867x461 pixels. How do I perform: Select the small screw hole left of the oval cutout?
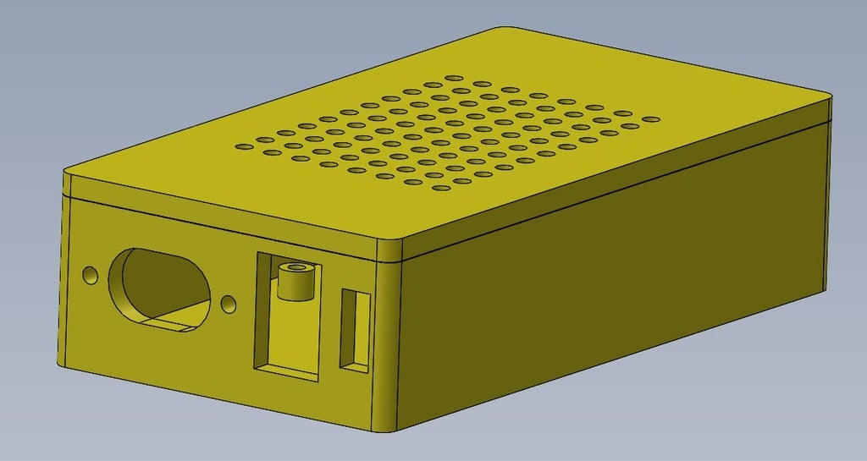click(x=90, y=275)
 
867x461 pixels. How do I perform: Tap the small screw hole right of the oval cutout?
click(x=228, y=303)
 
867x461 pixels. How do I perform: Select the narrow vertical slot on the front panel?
click(x=355, y=330)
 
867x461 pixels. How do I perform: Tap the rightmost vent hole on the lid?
click(x=651, y=119)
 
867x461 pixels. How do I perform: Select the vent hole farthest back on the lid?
click(x=483, y=84)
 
